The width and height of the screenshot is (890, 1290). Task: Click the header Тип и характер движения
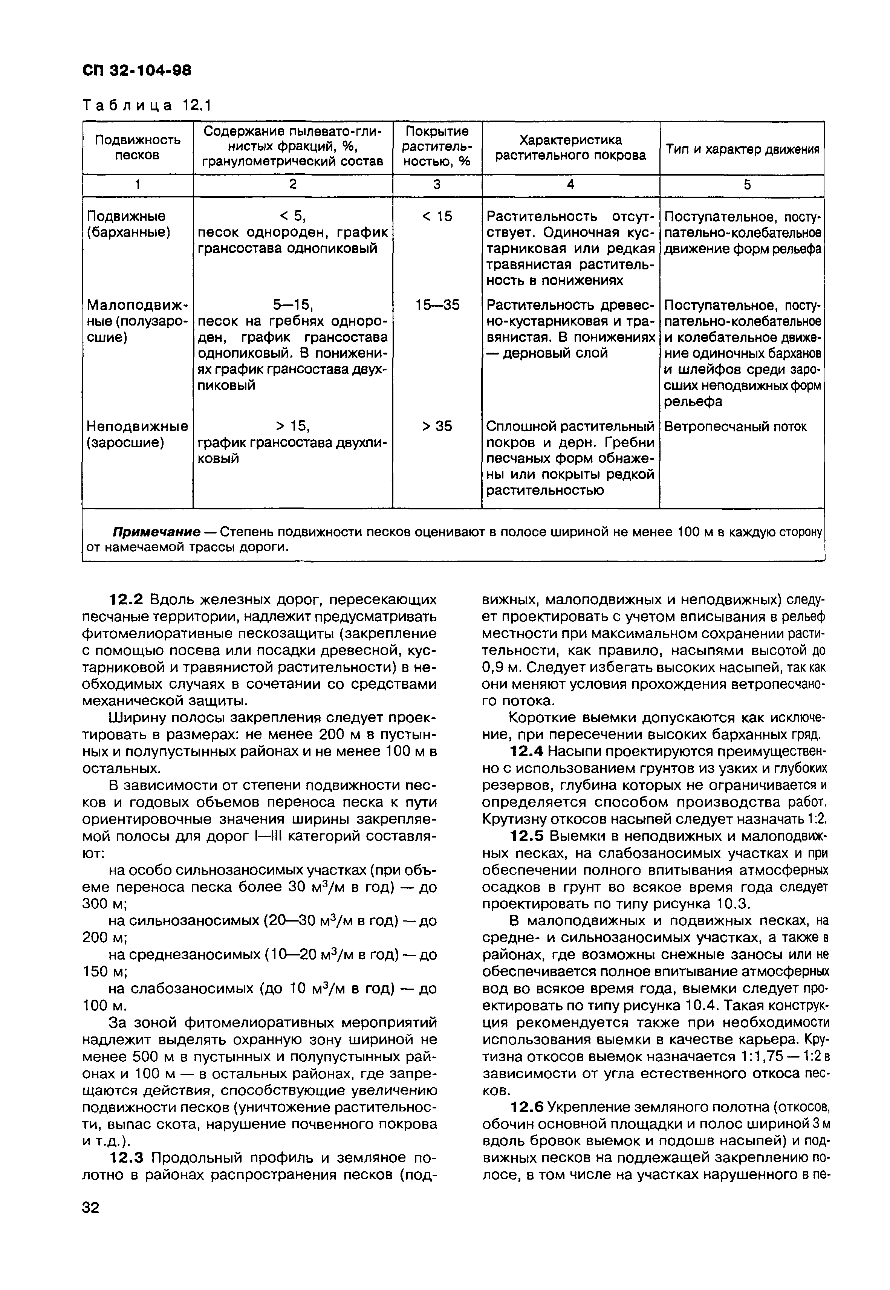[742, 150]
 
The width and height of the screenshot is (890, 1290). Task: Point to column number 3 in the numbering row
[437, 185]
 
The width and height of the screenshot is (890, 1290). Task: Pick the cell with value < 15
[437, 216]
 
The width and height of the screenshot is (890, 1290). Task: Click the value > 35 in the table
[437, 426]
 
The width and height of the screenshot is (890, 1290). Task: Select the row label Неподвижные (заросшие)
[137, 434]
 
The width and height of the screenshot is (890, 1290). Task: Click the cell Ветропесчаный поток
[735, 426]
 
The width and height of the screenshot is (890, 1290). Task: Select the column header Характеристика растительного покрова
[570, 147]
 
